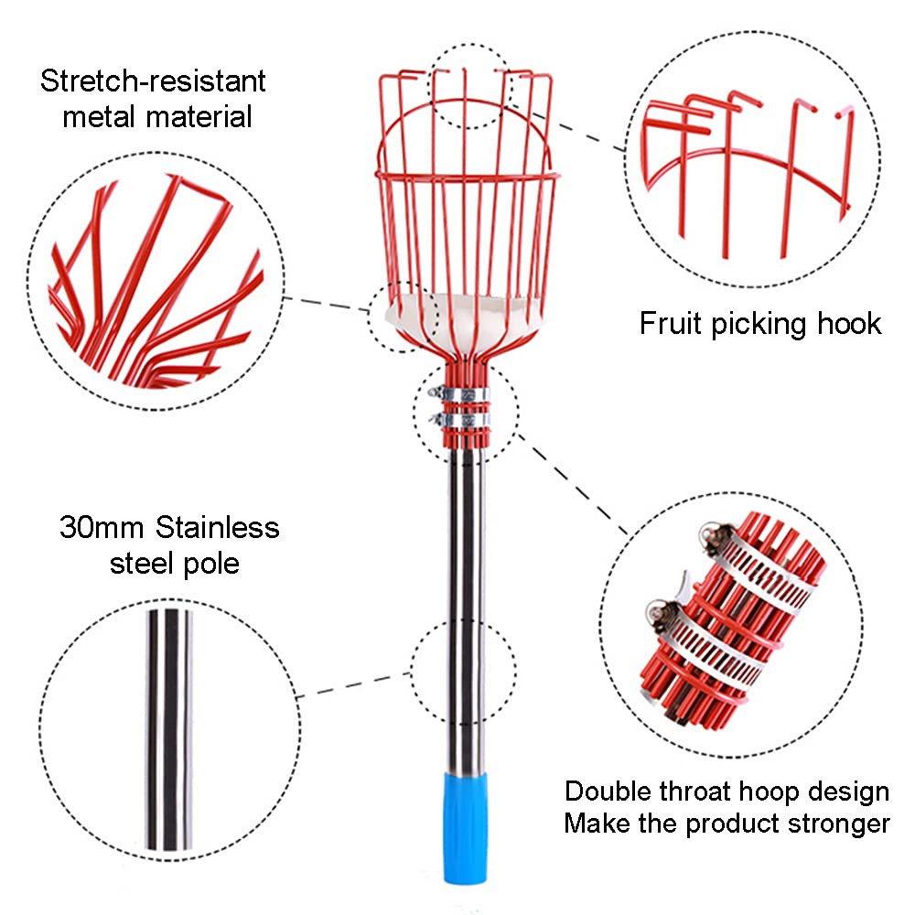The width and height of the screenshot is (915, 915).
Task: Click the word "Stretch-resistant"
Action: [x=153, y=81]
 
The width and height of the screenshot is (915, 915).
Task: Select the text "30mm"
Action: [x=102, y=528]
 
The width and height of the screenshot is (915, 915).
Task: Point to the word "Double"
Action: [x=608, y=791]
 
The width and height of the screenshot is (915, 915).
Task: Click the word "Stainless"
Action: [x=218, y=528]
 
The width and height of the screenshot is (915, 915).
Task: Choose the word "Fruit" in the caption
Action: [x=671, y=323]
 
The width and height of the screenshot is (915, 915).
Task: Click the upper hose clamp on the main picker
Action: [x=459, y=393]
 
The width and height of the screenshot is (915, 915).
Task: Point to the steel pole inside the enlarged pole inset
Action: [x=168, y=729]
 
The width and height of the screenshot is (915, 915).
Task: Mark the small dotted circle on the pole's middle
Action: [x=412, y=671]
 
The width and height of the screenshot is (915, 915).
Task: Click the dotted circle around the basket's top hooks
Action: [x=429, y=86]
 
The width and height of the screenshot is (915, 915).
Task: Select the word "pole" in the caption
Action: [x=210, y=565]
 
